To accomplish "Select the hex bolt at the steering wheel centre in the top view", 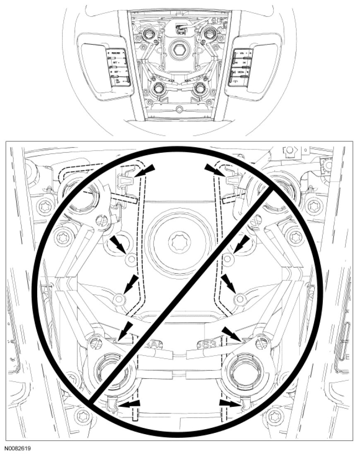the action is click(179, 50).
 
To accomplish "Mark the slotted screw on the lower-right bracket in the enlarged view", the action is click(261, 342).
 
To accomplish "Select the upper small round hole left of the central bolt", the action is click(131, 260).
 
